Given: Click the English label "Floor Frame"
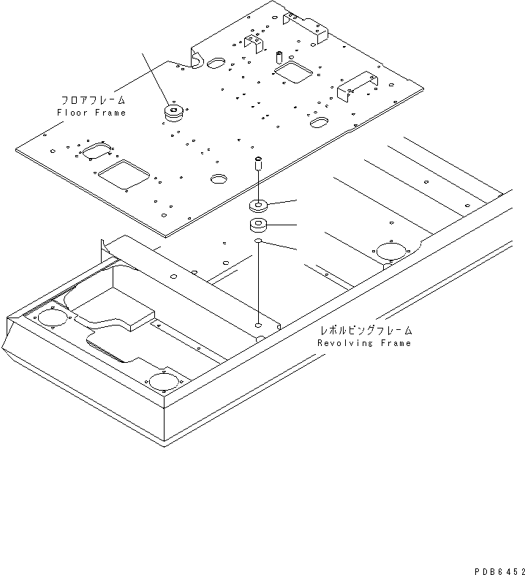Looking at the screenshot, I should click(x=91, y=113).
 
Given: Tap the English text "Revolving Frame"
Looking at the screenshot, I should click(x=364, y=343).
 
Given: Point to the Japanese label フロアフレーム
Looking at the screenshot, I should click(x=93, y=100).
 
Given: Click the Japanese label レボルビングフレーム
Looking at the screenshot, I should click(x=366, y=331).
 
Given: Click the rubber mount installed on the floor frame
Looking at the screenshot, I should click(x=174, y=113).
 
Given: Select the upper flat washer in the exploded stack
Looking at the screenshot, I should click(x=258, y=206).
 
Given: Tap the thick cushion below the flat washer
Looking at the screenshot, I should click(x=258, y=225).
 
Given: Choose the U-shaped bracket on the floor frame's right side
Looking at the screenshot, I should click(x=356, y=85).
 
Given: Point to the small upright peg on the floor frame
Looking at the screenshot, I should click(x=279, y=56).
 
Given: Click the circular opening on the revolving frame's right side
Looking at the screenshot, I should click(x=390, y=251).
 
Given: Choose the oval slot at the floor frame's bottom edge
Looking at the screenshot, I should click(x=219, y=178).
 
